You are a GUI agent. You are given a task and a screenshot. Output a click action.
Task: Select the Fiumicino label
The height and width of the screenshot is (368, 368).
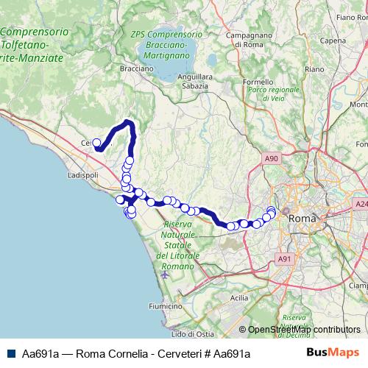[165, 305]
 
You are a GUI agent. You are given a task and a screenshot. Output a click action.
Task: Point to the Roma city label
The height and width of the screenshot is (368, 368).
[302, 219]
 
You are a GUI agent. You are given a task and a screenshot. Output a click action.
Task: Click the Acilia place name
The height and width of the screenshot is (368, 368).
[239, 297]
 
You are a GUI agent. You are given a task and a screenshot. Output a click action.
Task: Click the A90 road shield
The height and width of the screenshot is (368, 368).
[272, 158]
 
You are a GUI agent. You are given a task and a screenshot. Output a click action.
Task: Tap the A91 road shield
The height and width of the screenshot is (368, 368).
[285, 259]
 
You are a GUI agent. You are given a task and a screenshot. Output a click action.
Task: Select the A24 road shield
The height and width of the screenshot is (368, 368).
[361, 204]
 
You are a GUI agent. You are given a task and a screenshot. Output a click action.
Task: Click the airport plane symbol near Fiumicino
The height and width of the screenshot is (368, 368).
[164, 275]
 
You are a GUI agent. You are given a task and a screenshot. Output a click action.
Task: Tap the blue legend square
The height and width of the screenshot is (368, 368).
[11, 353]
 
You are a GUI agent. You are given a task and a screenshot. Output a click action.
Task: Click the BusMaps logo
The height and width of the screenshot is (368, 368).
[333, 353]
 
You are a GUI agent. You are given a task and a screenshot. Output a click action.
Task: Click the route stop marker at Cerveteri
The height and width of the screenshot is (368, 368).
[96, 143]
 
